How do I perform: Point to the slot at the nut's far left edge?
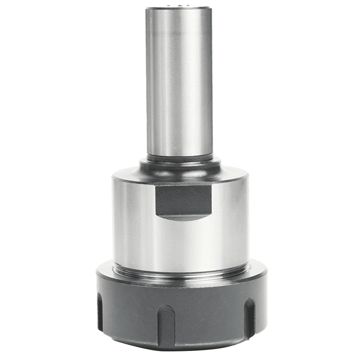(x=100, y=312)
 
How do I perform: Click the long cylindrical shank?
(x=179, y=83)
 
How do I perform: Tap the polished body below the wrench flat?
(x=180, y=245)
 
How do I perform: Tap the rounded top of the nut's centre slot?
(x=167, y=308)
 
